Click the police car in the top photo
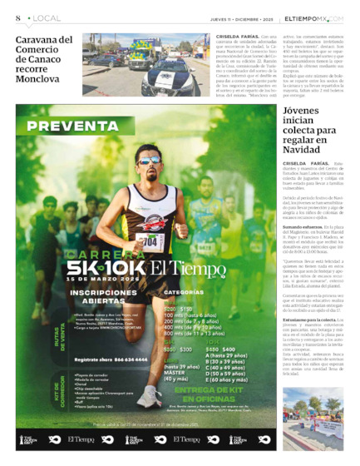click(x=171, y=75)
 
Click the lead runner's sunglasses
click(x=150, y=161)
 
